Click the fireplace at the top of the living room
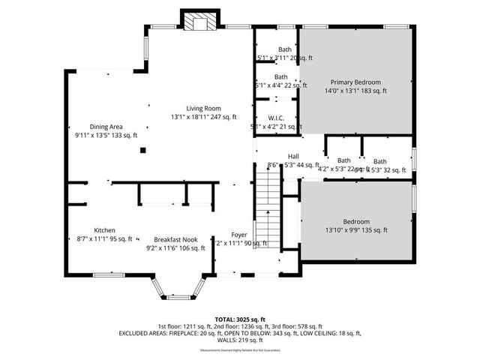coord(199,22)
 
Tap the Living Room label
coord(202,108)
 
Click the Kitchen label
coord(104,230)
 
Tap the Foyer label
coord(239,234)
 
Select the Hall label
coord(273,156)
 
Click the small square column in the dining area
coord(142,150)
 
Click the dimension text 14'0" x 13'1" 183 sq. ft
coord(355,91)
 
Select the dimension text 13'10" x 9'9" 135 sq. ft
coord(356,231)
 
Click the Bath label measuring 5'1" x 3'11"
coord(284,49)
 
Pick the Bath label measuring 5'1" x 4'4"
coord(280,76)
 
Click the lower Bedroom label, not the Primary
coord(356,222)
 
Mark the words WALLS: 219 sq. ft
coord(239,340)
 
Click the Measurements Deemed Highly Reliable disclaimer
coord(239,350)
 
